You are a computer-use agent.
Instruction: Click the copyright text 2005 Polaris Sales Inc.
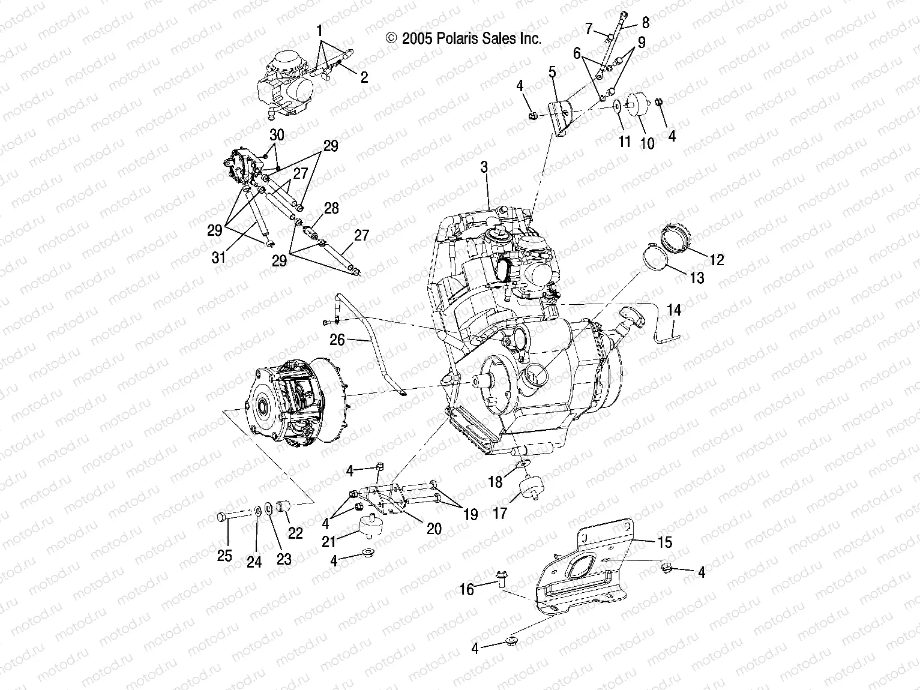464,39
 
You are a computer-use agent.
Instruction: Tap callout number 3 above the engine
484,167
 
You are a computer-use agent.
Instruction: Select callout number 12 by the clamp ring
717,259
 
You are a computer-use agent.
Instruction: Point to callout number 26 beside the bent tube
337,340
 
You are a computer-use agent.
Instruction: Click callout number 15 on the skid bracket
665,542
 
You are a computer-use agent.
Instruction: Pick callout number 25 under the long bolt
224,556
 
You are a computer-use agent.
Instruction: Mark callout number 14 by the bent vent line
674,310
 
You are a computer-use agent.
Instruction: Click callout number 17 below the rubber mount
500,513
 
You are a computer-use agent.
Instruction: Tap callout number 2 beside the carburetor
364,77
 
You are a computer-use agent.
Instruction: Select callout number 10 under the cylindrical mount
648,145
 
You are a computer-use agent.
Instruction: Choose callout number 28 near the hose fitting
331,209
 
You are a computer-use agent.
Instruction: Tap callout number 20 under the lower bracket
434,528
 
